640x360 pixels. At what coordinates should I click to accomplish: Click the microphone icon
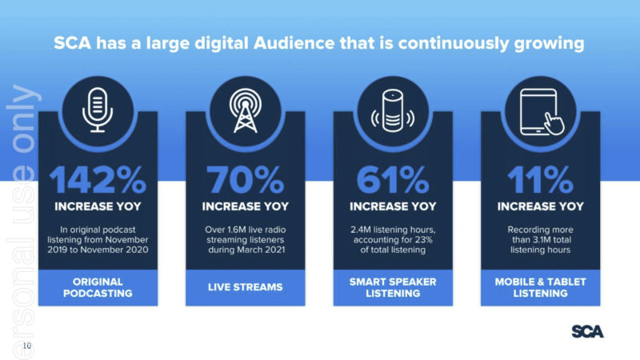click(x=98, y=110)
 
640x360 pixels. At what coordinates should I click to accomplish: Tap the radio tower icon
click(x=246, y=110)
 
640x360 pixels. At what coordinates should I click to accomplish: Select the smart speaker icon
click(x=393, y=110)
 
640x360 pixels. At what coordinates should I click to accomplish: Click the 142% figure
click(x=98, y=179)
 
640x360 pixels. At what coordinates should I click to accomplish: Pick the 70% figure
click(x=246, y=179)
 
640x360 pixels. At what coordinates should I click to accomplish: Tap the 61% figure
click(x=393, y=179)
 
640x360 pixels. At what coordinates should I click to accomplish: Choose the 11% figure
click(x=541, y=179)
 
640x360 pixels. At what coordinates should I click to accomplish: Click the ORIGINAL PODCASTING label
click(x=98, y=287)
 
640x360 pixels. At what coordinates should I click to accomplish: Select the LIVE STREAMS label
click(x=246, y=287)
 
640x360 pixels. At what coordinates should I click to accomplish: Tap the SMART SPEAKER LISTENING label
click(x=393, y=287)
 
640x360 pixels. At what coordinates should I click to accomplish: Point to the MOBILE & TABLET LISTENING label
click(x=541, y=287)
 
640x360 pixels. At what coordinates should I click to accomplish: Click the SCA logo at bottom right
click(x=587, y=331)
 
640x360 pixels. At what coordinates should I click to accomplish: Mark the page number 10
click(x=27, y=346)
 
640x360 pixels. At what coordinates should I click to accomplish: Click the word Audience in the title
click(x=294, y=43)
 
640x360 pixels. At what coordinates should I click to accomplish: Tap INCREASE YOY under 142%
click(x=98, y=206)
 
